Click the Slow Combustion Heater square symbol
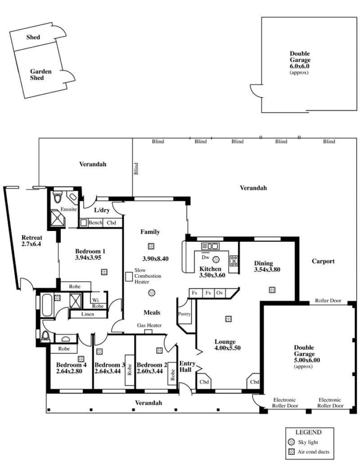129,276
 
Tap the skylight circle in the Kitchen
216,259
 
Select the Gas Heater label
149,325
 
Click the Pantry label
184,314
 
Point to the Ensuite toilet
58,196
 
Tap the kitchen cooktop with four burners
234,261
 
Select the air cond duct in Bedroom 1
104,272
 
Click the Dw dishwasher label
206,257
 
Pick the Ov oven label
220,293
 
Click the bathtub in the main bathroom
47,305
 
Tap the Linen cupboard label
88,314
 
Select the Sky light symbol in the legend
292,442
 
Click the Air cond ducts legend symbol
292,451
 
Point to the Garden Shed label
41,75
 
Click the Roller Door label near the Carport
328,300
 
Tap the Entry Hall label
187,366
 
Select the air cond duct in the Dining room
272,290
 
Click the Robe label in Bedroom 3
129,370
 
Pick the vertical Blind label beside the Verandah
136,168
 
